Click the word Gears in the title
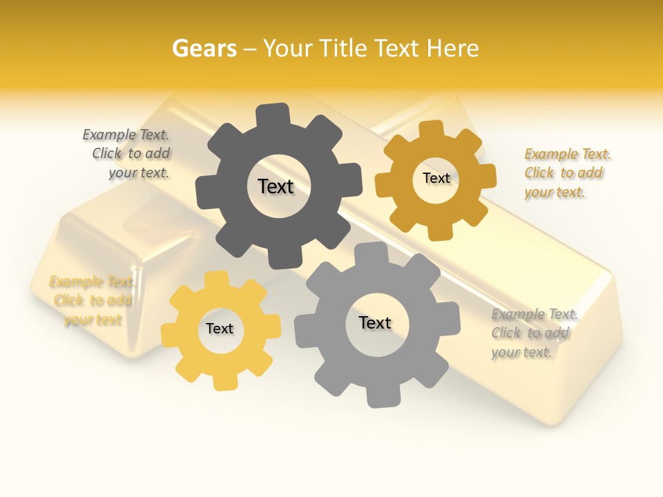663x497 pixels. pos(204,48)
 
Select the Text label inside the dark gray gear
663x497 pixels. pos(276,186)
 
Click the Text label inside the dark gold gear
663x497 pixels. pos(436,178)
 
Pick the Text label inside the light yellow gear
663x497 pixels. pos(220,329)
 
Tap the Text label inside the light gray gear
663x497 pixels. pos(375,322)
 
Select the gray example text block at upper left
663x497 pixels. pos(128,154)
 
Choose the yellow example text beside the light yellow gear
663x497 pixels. pos(93,301)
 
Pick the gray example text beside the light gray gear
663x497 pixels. pos(533,333)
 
